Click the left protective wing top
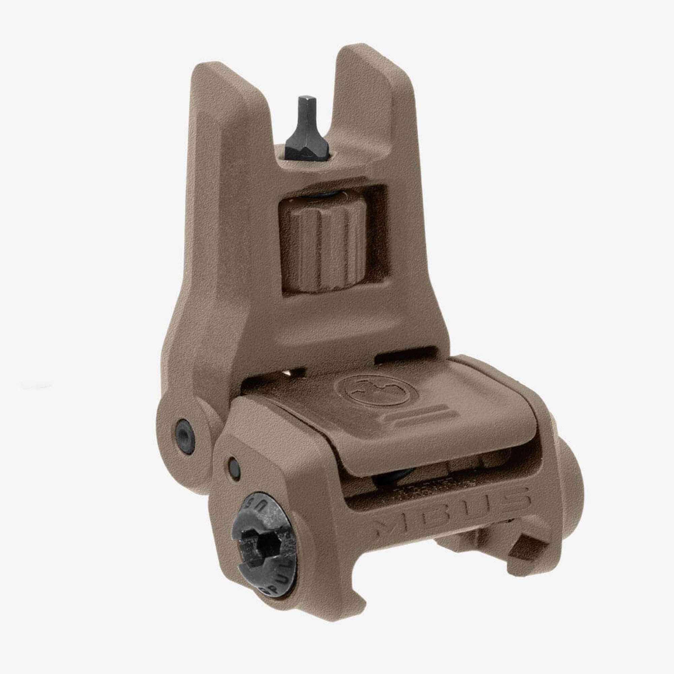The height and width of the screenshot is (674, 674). pos(216,75)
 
